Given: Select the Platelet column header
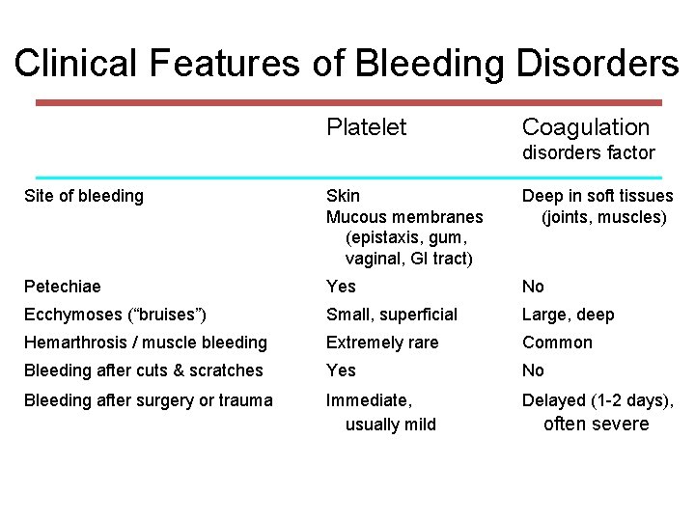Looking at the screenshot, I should coord(366,127).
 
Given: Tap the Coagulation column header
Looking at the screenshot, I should coord(585,127).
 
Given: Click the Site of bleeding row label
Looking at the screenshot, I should coord(83,196).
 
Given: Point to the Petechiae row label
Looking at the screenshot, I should coord(62,287).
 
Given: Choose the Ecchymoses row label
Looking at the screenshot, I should coord(115,315).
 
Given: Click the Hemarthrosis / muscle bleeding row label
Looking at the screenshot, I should coord(145,343).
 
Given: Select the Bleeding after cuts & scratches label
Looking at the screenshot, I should coord(143,370).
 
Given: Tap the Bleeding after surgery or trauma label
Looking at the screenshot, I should coord(148,400).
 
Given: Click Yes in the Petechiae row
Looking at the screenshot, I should coord(341,287).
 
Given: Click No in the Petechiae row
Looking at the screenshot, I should coord(533,287).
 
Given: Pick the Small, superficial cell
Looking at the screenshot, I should coord(391,315).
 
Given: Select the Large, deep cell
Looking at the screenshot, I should coord(568,315).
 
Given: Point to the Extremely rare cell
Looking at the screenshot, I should coord(381,343).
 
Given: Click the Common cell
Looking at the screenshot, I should coord(557,343).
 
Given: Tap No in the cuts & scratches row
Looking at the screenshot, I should coord(533,370).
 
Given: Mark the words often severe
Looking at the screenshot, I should coord(596,425).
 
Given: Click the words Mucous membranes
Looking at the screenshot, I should coord(404,217).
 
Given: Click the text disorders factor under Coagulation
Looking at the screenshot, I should coord(588,152).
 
